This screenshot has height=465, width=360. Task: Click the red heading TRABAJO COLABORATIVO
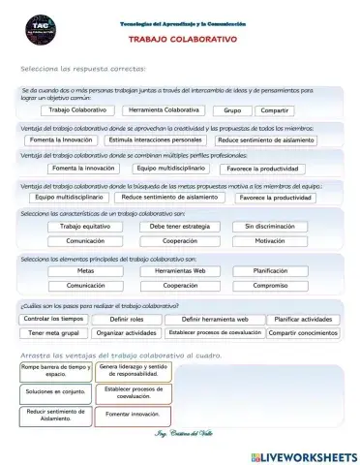182,42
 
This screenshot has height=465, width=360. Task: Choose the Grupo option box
232,110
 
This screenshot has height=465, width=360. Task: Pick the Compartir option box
275,110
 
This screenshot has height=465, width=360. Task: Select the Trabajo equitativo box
84,226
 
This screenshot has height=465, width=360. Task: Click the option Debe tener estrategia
180,226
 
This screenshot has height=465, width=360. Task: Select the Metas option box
84,271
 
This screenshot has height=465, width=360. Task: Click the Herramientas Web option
180,271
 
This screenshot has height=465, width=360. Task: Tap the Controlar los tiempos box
54,318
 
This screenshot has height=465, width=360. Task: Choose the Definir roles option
126,318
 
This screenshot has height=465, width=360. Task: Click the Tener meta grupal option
54,332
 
